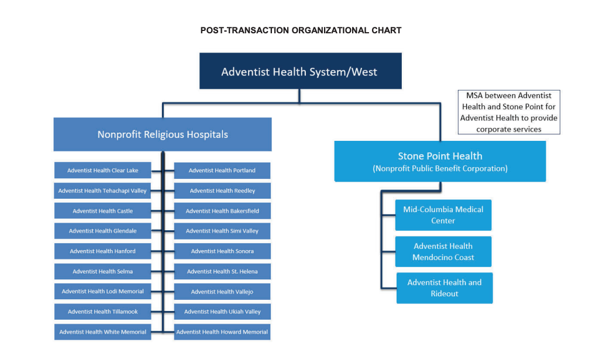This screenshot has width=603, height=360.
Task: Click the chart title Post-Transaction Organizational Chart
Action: point(301,30)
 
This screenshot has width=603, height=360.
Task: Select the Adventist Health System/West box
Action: point(301,71)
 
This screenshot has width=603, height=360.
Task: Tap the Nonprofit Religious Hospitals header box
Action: point(163,134)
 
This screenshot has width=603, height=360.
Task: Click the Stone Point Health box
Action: point(440,161)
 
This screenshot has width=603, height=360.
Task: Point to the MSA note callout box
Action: point(509,112)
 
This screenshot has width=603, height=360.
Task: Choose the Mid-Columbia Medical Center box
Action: point(443,215)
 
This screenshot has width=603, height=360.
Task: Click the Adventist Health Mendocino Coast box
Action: point(443,252)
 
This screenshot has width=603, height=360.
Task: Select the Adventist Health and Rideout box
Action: point(445,288)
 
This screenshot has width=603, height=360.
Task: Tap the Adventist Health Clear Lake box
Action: point(103,170)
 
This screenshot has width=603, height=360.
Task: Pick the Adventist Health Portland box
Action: point(222,171)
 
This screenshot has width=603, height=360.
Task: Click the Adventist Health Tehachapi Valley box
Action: point(103,191)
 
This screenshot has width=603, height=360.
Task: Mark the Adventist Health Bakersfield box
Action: point(222,211)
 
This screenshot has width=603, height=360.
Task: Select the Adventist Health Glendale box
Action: point(103,231)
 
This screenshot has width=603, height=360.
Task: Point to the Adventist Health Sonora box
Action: point(222,251)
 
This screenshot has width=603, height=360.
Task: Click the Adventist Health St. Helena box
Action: point(222,271)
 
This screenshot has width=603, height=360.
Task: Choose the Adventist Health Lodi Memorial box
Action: point(103,292)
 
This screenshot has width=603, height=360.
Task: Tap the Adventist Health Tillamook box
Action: point(103,311)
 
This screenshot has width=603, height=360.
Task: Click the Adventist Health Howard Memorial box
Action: point(222,332)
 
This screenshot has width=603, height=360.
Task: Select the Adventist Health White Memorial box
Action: point(103,332)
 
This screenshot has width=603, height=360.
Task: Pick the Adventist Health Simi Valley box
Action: point(222,231)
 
